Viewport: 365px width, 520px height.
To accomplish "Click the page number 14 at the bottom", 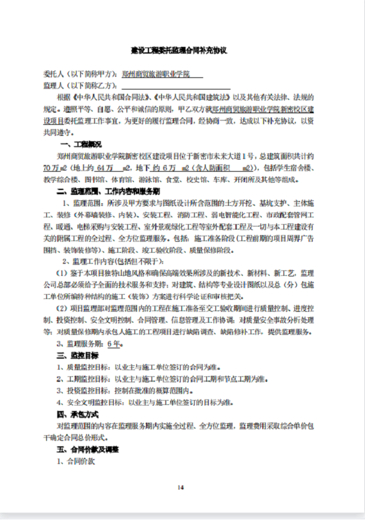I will click(181, 487).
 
